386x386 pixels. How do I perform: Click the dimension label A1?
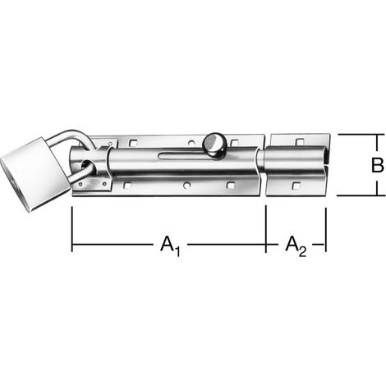[x=170, y=246]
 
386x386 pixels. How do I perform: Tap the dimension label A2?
[x=296, y=246]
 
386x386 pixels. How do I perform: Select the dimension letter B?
[x=378, y=165]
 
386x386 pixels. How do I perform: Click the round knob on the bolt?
[x=214, y=145]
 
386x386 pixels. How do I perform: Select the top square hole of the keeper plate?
[x=300, y=141]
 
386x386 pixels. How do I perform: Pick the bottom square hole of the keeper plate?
[x=296, y=186]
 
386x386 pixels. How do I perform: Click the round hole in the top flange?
[x=191, y=142]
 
